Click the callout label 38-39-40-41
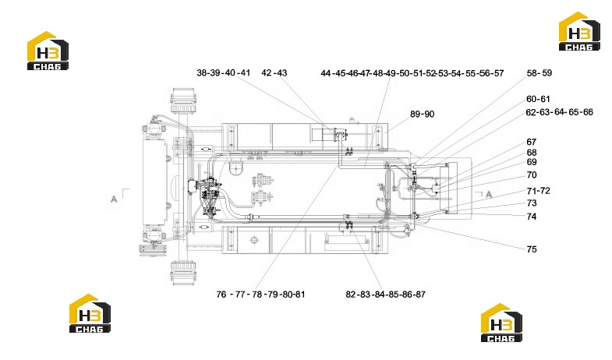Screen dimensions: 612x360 (223, 73)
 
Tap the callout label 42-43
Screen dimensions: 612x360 (274, 73)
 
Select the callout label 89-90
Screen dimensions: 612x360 (422, 115)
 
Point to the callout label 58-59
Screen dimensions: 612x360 (539, 73)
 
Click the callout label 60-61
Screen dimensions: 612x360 (538, 99)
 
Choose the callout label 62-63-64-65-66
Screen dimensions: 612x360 (559, 112)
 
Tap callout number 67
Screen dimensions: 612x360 (532, 142)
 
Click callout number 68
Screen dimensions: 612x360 (532, 153)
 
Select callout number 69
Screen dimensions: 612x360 (532, 162)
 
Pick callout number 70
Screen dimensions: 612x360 (532, 175)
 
